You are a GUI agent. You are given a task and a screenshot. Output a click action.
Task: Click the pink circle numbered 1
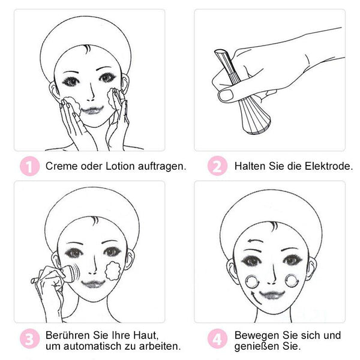pos(30,166)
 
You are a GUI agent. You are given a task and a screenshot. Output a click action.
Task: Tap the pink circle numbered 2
pos(217,166)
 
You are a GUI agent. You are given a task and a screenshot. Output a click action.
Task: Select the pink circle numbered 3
pos(30,338)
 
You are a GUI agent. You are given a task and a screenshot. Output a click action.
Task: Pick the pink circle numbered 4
pos(217,338)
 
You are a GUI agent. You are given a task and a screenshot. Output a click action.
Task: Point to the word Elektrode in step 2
pos(329,166)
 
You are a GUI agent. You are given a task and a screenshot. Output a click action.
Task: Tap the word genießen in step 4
pos(257,346)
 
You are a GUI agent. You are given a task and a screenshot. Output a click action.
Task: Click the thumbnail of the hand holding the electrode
pos(269,80)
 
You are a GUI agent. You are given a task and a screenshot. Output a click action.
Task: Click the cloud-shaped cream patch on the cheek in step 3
pos(113,271)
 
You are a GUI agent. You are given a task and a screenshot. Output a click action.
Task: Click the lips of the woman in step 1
pos(92,110)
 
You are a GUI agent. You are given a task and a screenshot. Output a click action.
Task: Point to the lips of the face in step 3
pos(94,284)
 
